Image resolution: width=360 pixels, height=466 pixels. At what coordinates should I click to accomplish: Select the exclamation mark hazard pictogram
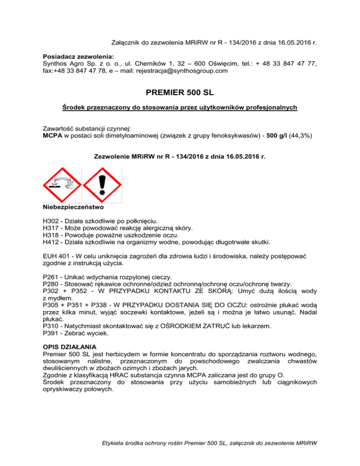(101, 185)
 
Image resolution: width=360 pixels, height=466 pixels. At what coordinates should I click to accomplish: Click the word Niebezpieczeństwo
(73, 207)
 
